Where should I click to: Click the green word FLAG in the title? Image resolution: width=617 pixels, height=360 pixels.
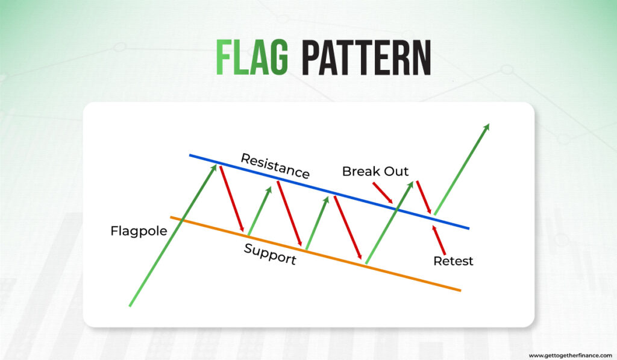(x=252, y=57)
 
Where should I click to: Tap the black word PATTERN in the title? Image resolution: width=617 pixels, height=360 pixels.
(x=366, y=57)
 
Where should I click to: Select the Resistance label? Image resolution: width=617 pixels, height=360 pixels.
(x=275, y=166)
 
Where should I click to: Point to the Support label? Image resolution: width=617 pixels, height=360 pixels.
(x=270, y=254)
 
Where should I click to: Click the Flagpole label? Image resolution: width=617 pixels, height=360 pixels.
(x=139, y=231)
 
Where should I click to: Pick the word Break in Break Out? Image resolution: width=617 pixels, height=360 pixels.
(x=360, y=171)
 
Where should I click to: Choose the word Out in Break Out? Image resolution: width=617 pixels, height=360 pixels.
(x=396, y=171)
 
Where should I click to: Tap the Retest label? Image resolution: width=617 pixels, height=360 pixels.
(x=453, y=261)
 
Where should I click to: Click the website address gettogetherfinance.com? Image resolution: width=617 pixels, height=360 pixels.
(x=570, y=355)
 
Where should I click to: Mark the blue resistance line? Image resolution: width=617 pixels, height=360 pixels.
(x=329, y=191)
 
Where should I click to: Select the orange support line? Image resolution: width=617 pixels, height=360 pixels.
(x=315, y=254)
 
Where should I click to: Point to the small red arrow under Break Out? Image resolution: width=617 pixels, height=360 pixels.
(x=383, y=192)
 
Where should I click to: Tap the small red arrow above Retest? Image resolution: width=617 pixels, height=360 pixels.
(x=439, y=240)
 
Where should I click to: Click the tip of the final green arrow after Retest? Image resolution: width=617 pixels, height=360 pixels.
(x=489, y=124)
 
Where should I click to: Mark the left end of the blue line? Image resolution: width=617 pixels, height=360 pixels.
(x=190, y=155)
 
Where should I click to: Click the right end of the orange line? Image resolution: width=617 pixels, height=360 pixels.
(x=460, y=291)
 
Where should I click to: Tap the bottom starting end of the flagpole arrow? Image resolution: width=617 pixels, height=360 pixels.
(x=130, y=306)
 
